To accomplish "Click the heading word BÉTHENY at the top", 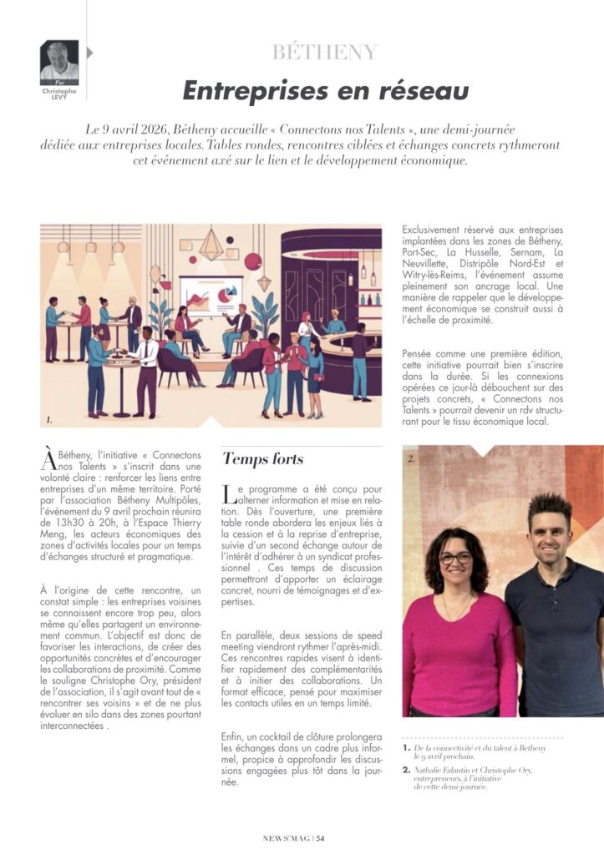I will (325, 53).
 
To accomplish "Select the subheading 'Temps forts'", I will (262, 458).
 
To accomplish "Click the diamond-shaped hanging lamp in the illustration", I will (211, 244).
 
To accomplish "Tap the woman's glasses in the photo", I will (455, 558).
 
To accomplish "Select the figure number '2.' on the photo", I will (411, 458).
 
